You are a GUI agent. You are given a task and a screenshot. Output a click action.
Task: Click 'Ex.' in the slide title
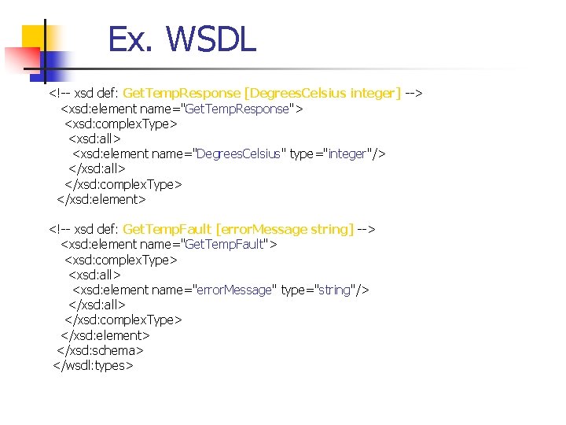click(x=129, y=40)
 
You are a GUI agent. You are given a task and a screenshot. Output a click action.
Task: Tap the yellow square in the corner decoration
click(x=34, y=37)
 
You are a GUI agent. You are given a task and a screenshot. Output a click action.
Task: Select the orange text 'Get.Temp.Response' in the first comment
click(x=182, y=94)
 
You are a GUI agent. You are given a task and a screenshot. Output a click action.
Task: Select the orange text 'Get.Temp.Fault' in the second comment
click(x=167, y=229)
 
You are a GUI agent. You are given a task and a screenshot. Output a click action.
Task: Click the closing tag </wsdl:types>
click(x=93, y=365)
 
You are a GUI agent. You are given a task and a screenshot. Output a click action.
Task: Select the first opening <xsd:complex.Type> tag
click(x=120, y=124)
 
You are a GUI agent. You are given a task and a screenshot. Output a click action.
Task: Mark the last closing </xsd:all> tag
click(x=97, y=305)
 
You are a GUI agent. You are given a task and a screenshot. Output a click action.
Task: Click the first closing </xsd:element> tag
click(x=101, y=199)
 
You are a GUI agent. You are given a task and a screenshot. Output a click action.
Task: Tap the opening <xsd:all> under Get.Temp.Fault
click(x=94, y=275)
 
